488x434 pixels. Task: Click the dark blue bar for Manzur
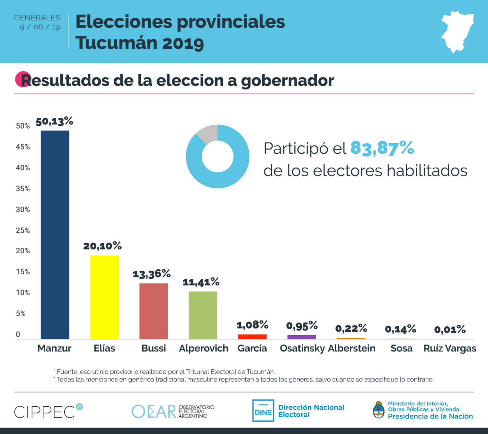pyautogui.click(x=55, y=235)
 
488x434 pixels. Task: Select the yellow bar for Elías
pyautogui.click(x=104, y=297)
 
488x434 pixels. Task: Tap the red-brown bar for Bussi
pyautogui.click(x=154, y=311)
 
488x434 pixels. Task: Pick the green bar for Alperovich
pyautogui.click(x=203, y=315)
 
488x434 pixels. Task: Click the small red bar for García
pyautogui.click(x=252, y=337)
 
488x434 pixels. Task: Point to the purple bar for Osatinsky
pyautogui.click(x=301, y=337)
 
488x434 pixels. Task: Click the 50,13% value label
pyautogui.click(x=54, y=122)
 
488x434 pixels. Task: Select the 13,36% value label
pyautogui.click(x=152, y=274)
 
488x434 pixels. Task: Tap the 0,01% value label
pyautogui.click(x=450, y=330)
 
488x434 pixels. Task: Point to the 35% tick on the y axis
pyautogui.click(x=23, y=189)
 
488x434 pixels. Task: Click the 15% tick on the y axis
pyautogui.click(x=23, y=272)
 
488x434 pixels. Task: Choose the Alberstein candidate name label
pyautogui.click(x=351, y=348)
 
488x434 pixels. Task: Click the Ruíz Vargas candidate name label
pyautogui.click(x=450, y=348)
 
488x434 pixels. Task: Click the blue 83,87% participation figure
pyautogui.click(x=382, y=148)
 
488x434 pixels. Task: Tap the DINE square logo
pyautogui.click(x=263, y=411)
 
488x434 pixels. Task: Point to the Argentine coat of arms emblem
pyautogui.click(x=379, y=411)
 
